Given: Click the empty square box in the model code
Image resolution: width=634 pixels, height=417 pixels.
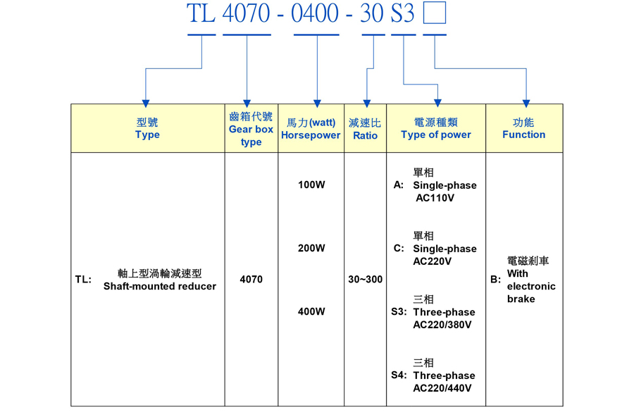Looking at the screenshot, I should point(434,13).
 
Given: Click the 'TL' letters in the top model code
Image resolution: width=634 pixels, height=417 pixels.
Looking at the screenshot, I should point(201,13).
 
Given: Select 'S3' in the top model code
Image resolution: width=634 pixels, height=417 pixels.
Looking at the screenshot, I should point(402,13).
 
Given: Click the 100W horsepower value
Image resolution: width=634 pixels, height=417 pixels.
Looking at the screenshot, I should point(311,185).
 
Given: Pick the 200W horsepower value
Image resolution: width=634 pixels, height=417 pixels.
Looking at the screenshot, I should point(311,248).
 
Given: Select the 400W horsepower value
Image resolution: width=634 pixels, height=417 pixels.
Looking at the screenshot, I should point(311,311).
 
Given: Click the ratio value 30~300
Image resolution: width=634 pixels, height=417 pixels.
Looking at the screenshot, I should point(366,280).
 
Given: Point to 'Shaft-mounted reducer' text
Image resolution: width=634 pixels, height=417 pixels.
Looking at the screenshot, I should point(160,286).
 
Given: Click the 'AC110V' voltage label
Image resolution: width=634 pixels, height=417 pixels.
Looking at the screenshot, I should point(435,198).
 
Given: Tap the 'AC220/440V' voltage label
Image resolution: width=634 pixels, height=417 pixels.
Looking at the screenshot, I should point(442,388).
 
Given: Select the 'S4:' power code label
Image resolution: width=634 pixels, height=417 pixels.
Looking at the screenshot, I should point(399,375).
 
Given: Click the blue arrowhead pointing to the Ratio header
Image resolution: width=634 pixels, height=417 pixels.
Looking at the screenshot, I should point(366,103).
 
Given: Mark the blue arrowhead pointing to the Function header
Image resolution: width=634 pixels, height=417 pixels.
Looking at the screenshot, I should point(526,103).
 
